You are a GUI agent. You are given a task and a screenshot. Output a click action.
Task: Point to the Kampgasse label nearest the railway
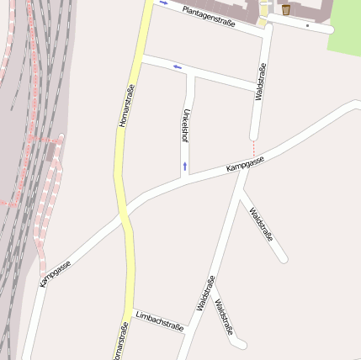point(55,273)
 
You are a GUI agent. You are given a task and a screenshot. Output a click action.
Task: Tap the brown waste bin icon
point(286,9)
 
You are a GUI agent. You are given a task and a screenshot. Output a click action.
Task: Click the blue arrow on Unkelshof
point(184,166)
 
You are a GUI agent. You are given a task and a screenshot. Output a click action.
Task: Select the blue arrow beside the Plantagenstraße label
point(162,2)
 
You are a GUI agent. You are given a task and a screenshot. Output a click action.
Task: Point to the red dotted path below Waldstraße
point(253,148)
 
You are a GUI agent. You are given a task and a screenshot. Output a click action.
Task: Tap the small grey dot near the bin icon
point(308,25)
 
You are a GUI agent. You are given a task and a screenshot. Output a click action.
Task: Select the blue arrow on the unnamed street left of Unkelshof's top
point(177,66)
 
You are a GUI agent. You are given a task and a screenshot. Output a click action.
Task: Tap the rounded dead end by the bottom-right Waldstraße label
point(243,344)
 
